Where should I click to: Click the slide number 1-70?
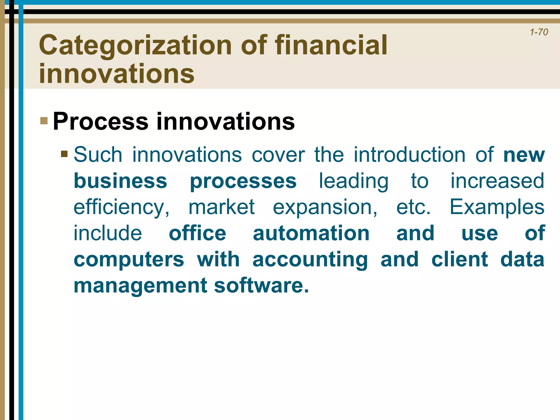pos(539,32)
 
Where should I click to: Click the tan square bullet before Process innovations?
pos(44,121)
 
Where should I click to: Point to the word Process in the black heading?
pos(100,121)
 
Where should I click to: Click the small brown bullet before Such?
pos(64,154)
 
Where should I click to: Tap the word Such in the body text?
pos(98,155)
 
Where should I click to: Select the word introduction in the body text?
pos(409,155)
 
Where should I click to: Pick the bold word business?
pos(120,181)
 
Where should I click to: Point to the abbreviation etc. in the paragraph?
pos(413,207)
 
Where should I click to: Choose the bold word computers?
pos(129,260)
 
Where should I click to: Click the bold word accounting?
pos(310,260)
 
